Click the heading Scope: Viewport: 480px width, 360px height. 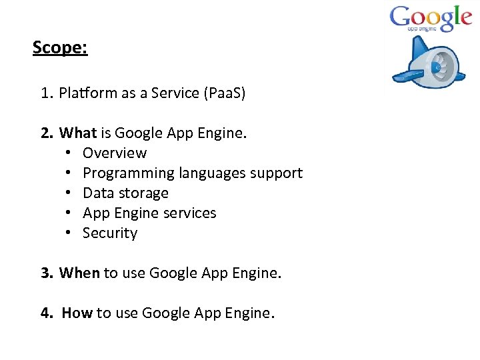(x=60, y=49)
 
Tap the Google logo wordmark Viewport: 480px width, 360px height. (x=431, y=17)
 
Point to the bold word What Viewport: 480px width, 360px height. (x=78, y=133)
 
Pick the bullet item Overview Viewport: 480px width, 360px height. (x=114, y=153)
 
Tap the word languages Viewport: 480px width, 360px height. (x=211, y=173)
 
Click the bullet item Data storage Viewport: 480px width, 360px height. (x=125, y=193)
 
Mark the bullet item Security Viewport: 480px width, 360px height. (x=110, y=233)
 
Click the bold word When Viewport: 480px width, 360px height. (x=79, y=273)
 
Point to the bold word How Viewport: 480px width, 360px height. (x=77, y=313)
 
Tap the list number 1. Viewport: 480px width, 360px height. (x=47, y=93)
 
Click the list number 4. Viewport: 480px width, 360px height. (x=47, y=313)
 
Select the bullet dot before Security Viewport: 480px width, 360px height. (x=69, y=233)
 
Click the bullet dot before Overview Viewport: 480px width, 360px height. (x=69, y=153)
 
